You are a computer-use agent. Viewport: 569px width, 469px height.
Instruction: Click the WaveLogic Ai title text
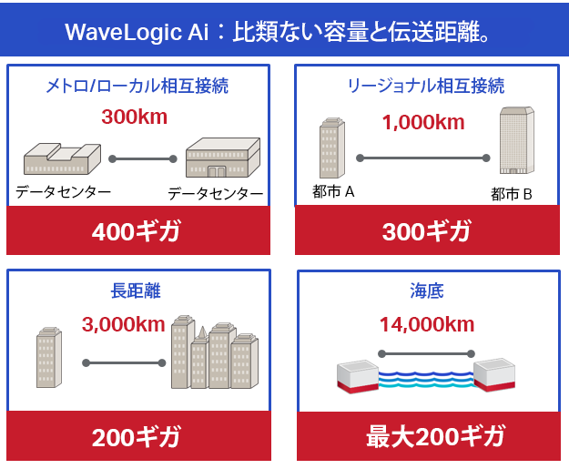[278, 32]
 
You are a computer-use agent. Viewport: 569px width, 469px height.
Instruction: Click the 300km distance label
[135, 117]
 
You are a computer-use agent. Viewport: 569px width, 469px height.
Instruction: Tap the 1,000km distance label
[423, 122]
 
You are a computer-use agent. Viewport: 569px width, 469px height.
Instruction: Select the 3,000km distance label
[124, 324]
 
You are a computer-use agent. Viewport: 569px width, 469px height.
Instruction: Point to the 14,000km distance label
[427, 324]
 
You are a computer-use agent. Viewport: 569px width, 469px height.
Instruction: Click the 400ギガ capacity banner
[138, 230]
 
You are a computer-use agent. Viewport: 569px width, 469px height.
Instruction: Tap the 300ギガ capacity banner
[427, 230]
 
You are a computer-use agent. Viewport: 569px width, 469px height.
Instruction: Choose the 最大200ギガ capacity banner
[429, 436]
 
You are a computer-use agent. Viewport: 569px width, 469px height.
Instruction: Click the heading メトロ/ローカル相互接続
[137, 86]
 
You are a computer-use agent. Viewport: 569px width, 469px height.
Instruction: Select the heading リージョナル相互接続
[426, 86]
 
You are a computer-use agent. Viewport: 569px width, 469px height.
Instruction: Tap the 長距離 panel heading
[136, 291]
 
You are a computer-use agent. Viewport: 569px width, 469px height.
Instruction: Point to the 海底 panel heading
[427, 291]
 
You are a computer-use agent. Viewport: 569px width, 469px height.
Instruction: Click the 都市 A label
[333, 191]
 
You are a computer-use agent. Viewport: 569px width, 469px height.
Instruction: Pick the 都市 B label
[512, 194]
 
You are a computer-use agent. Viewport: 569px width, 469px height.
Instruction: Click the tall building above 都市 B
[517, 140]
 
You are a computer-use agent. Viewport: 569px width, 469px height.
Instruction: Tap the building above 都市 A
[332, 148]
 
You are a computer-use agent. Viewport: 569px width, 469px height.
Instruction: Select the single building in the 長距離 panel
[49, 357]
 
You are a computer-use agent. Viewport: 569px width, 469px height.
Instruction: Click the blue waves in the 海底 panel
[426, 380]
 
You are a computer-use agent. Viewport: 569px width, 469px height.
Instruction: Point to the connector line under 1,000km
[423, 158]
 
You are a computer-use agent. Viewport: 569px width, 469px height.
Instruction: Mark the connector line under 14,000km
[426, 353]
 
